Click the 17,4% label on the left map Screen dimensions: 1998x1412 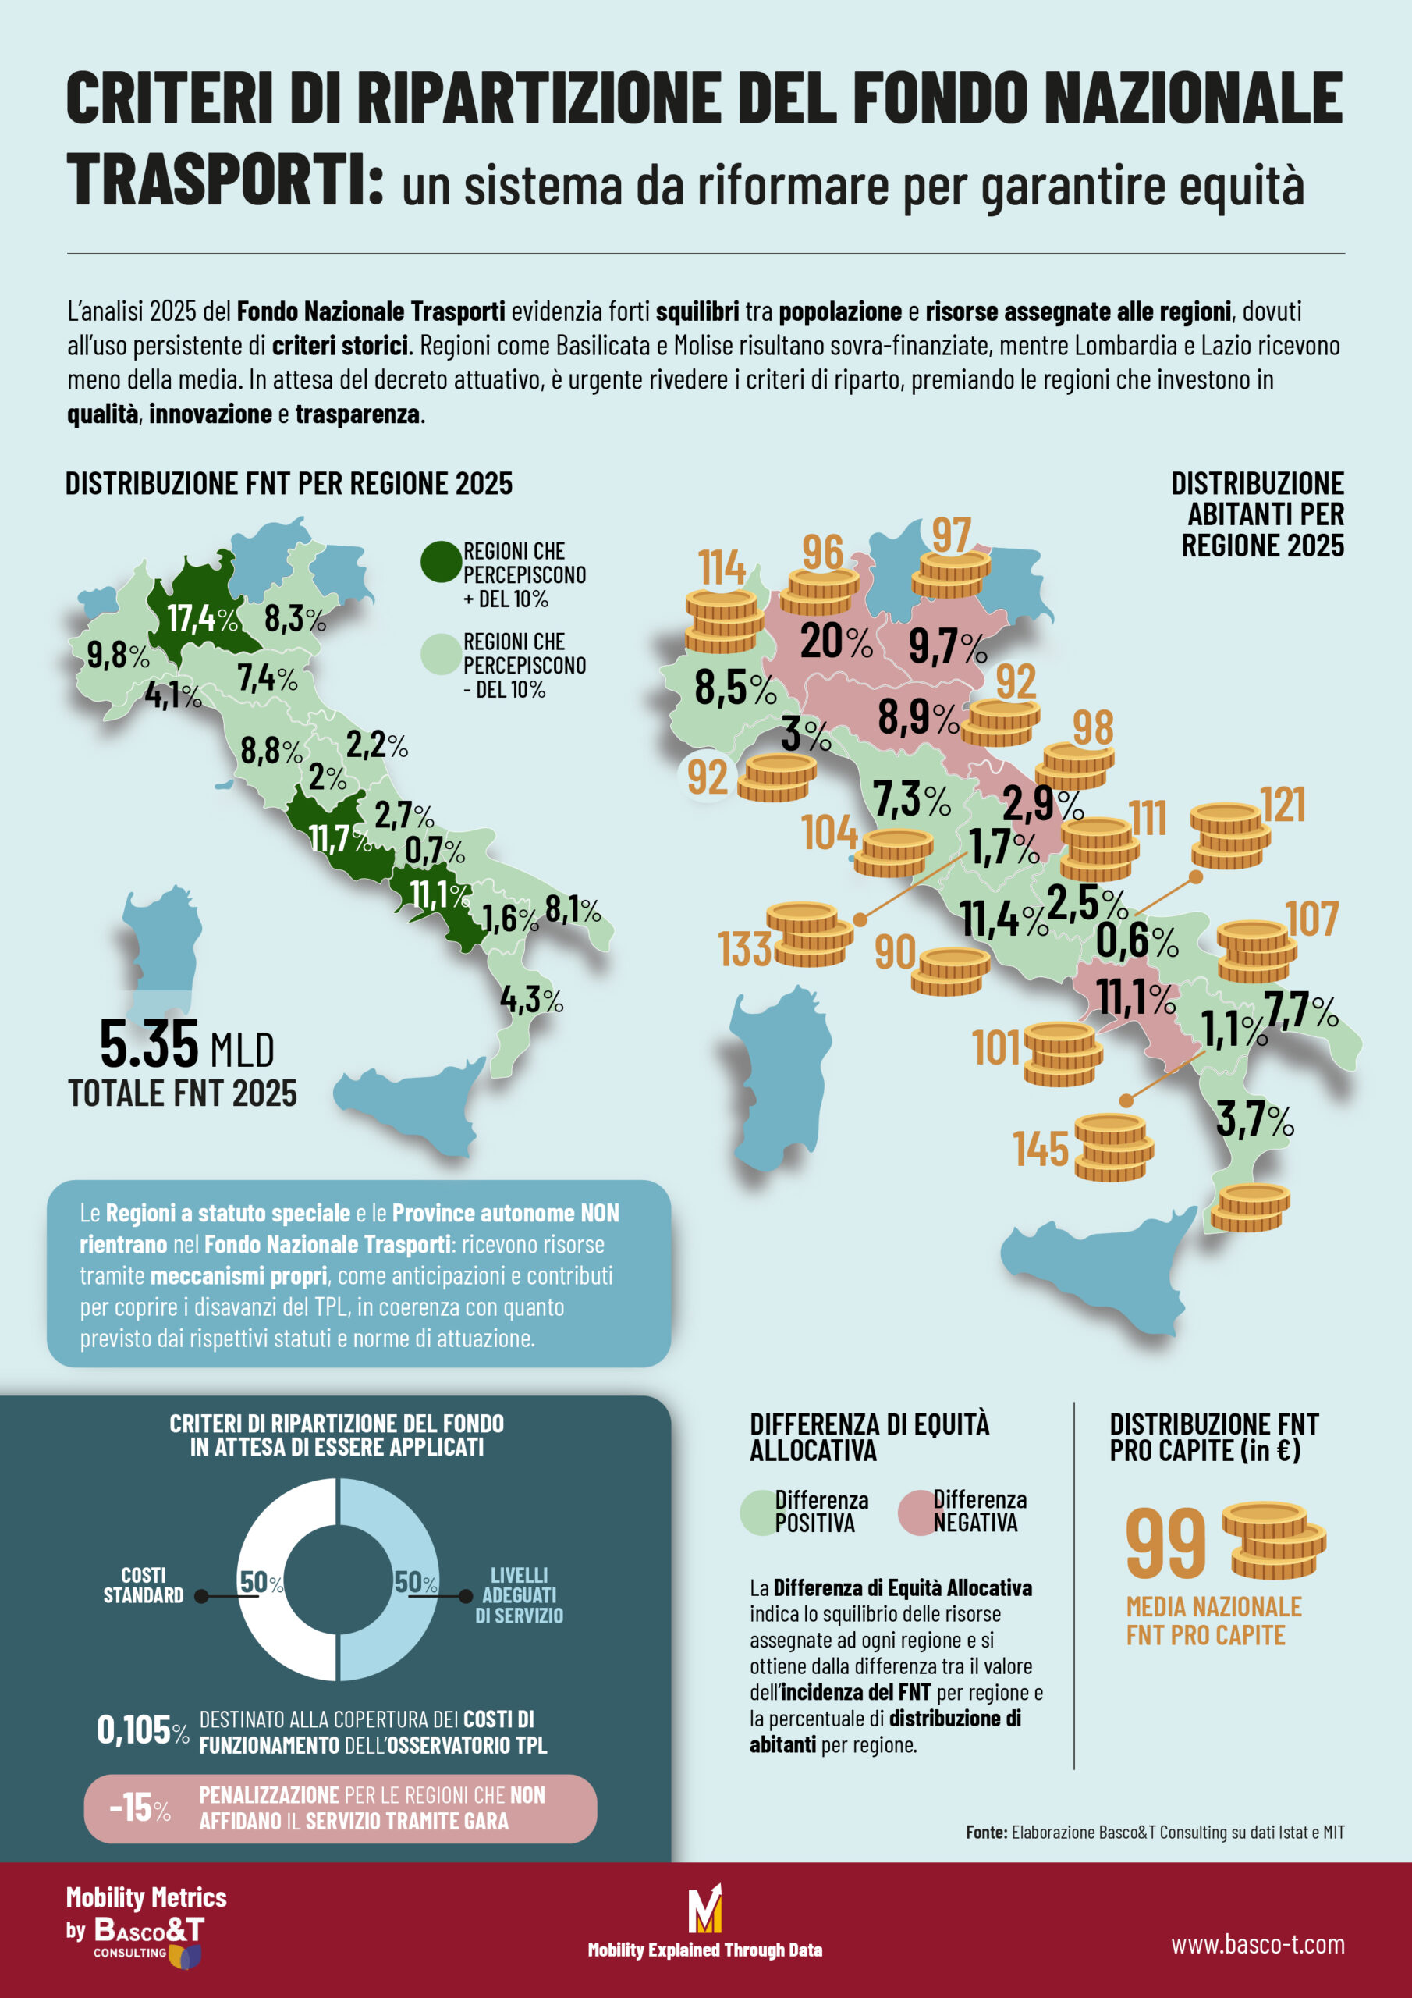tap(202, 619)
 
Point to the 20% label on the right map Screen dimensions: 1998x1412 tap(835, 642)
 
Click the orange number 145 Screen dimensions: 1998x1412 tap(1041, 1149)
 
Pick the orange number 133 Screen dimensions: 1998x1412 tap(745, 948)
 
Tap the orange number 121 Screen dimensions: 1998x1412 tap(1283, 805)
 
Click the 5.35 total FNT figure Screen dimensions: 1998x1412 tap(149, 1044)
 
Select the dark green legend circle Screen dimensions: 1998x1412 tap(441, 562)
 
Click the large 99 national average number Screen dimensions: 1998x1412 tap(1165, 1543)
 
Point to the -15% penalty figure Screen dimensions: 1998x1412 tap(139, 1808)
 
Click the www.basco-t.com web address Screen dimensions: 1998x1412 tap(1257, 1944)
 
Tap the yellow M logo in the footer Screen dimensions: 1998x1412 tap(704, 1908)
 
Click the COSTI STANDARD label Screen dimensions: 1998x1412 tap(144, 1584)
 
